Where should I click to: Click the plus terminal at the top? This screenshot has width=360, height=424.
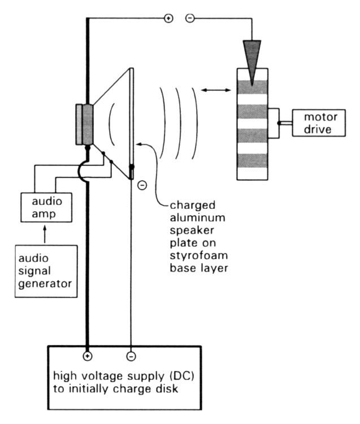coord(168,18)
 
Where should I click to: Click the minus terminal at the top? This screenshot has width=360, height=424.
coord(190,18)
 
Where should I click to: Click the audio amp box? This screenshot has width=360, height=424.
coord(42,208)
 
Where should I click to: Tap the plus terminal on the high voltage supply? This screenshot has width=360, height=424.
coord(87,356)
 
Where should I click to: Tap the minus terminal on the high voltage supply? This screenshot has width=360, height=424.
coord(131,356)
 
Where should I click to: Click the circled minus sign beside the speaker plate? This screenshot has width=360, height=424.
coord(141,185)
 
